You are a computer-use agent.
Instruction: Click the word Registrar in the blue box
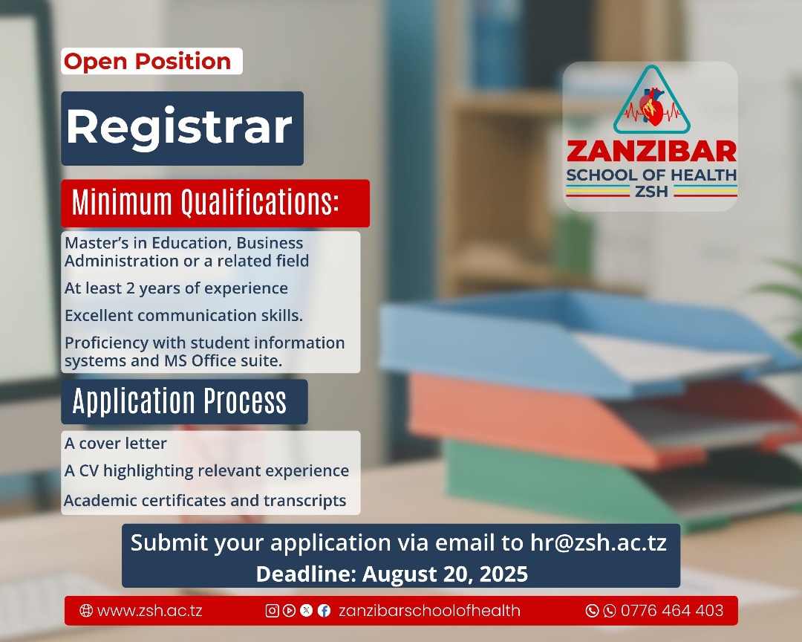[x=179, y=127]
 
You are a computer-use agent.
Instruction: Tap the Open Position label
[x=147, y=62]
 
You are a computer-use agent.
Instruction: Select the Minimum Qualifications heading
[x=205, y=202]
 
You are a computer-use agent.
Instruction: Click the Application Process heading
[x=179, y=401]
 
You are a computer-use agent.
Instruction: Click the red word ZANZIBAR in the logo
[x=652, y=152]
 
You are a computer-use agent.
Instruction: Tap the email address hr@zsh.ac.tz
[x=599, y=542]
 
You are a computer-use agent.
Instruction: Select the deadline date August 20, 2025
[x=445, y=574]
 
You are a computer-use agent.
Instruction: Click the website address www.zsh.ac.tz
[x=149, y=611]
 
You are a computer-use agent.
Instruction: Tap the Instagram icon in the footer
[x=272, y=610]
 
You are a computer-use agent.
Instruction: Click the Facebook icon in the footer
[x=324, y=610]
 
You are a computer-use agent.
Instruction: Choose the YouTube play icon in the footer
[x=289, y=610]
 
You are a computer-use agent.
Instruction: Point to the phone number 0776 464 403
[x=672, y=611]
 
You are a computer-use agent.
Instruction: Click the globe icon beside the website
[x=86, y=610]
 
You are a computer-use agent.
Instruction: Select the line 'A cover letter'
[x=116, y=444]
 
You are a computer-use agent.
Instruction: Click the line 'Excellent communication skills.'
[x=183, y=315]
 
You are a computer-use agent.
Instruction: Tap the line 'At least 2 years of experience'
[x=176, y=289]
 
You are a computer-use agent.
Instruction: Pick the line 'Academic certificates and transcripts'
[x=205, y=500]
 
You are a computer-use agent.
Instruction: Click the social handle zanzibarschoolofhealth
[x=430, y=611]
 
